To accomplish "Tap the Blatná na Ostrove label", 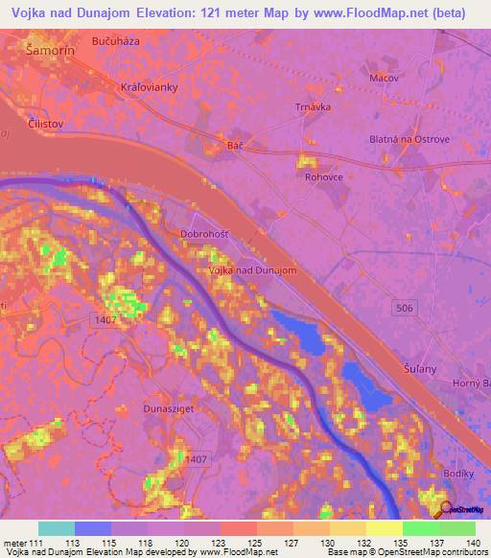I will click(x=409, y=139).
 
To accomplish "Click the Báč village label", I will click(x=235, y=145).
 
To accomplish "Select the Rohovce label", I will click(x=324, y=177).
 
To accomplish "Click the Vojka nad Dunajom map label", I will click(x=252, y=270).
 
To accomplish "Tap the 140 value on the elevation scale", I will click(x=474, y=542).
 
